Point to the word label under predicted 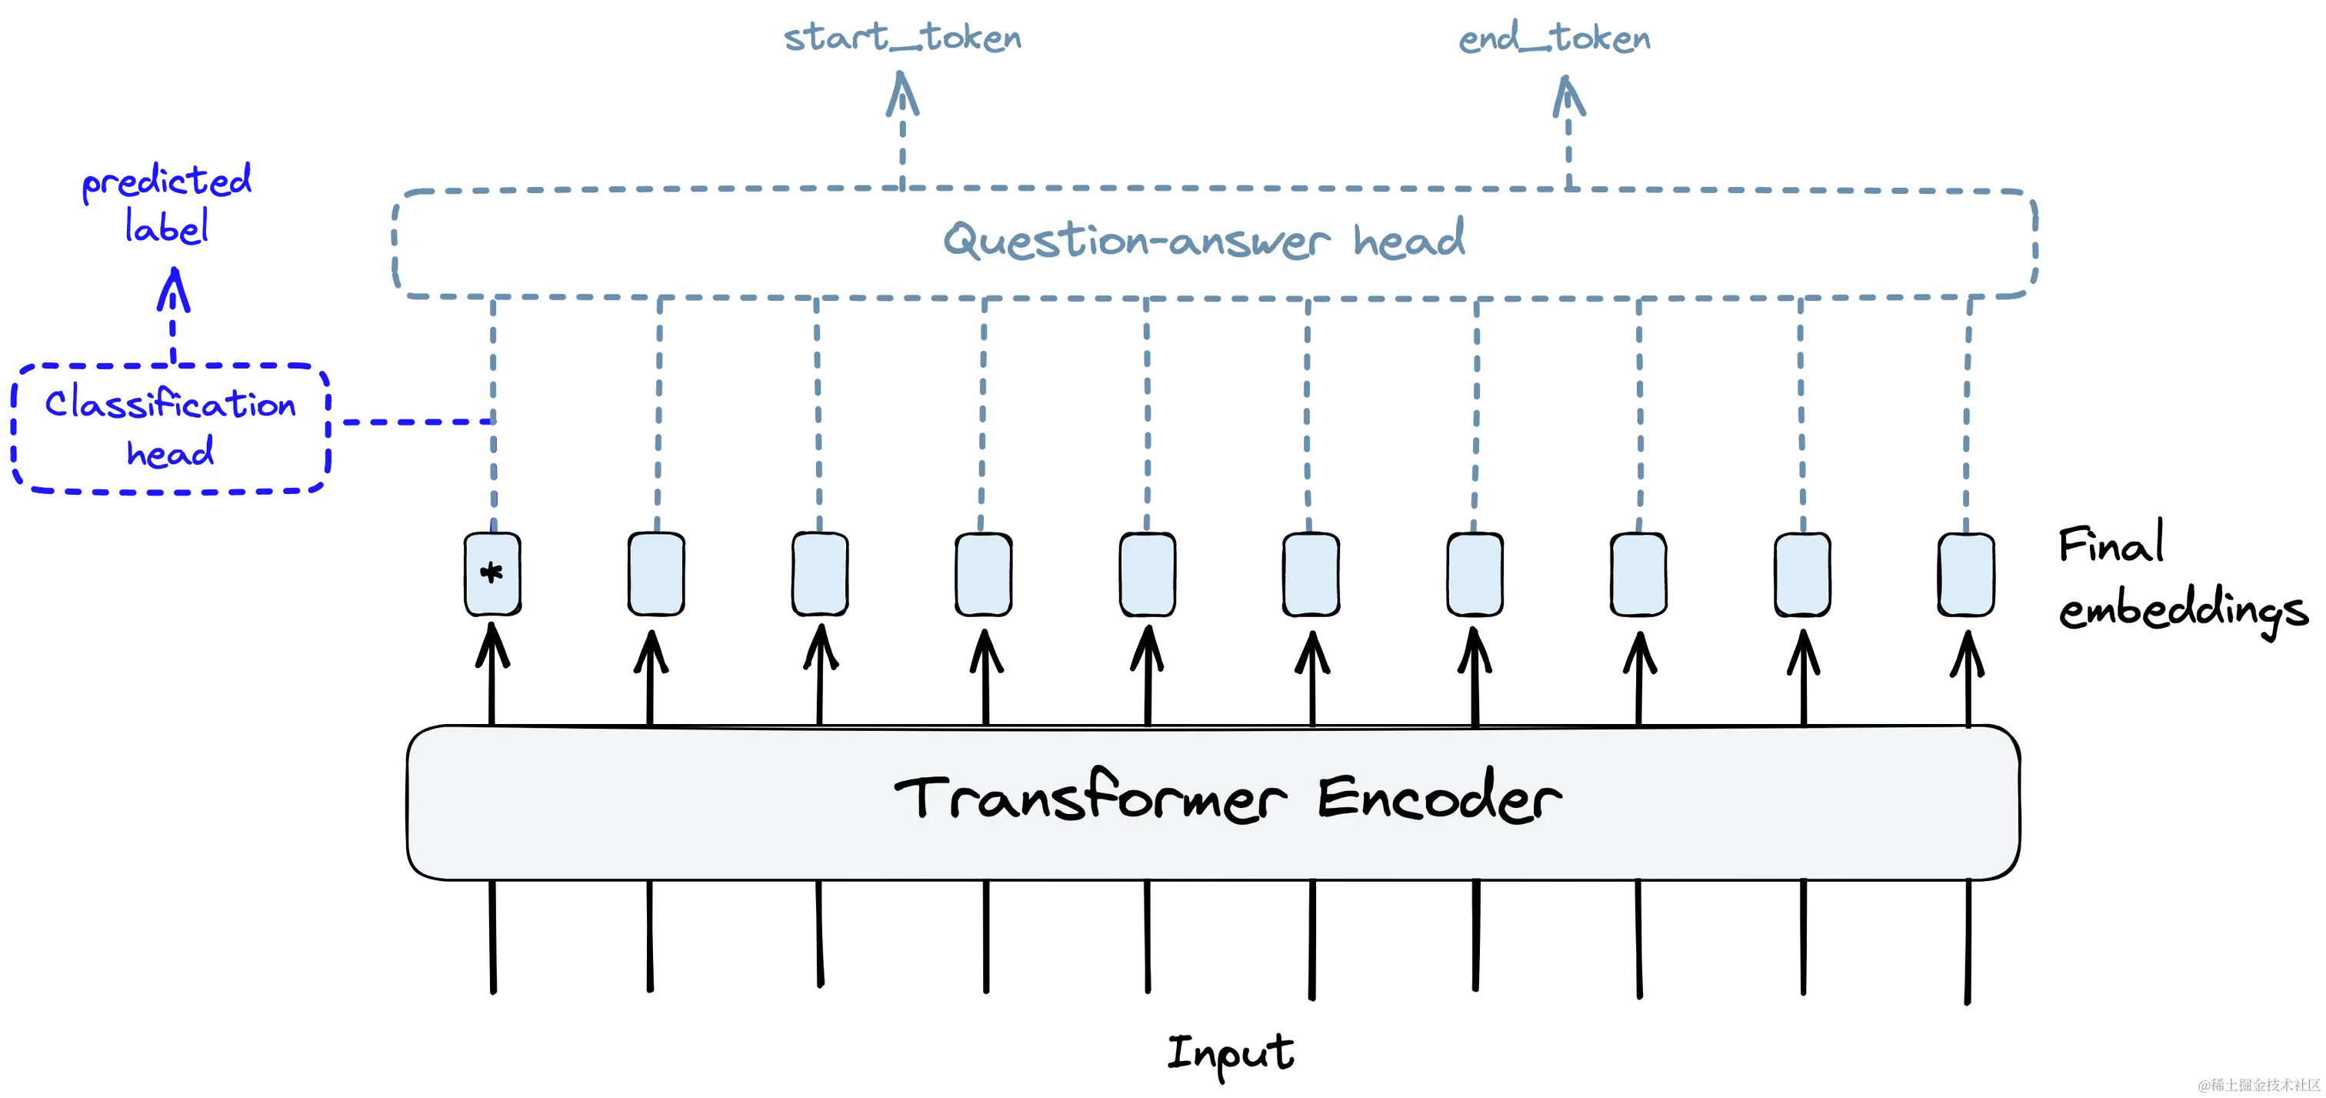tap(167, 225)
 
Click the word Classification tap(171, 405)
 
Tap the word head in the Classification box tap(171, 452)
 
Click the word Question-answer tap(1136, 241)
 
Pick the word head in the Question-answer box tap(1408, 239)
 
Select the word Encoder tap(1439, 798)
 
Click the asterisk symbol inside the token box tap(492, 572)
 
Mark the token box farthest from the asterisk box tap(1966, 574)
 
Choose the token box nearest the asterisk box tap(655, 574)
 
